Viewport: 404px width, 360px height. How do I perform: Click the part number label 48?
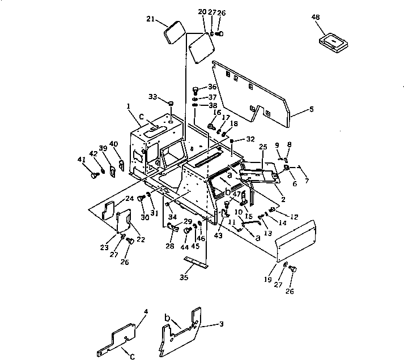point(316,17)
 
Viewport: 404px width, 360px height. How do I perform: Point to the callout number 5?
point(312,109)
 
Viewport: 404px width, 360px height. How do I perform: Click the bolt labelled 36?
point(196,89)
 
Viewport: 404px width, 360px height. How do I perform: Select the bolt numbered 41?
point(93,175)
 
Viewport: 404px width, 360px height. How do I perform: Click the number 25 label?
point(262,147)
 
